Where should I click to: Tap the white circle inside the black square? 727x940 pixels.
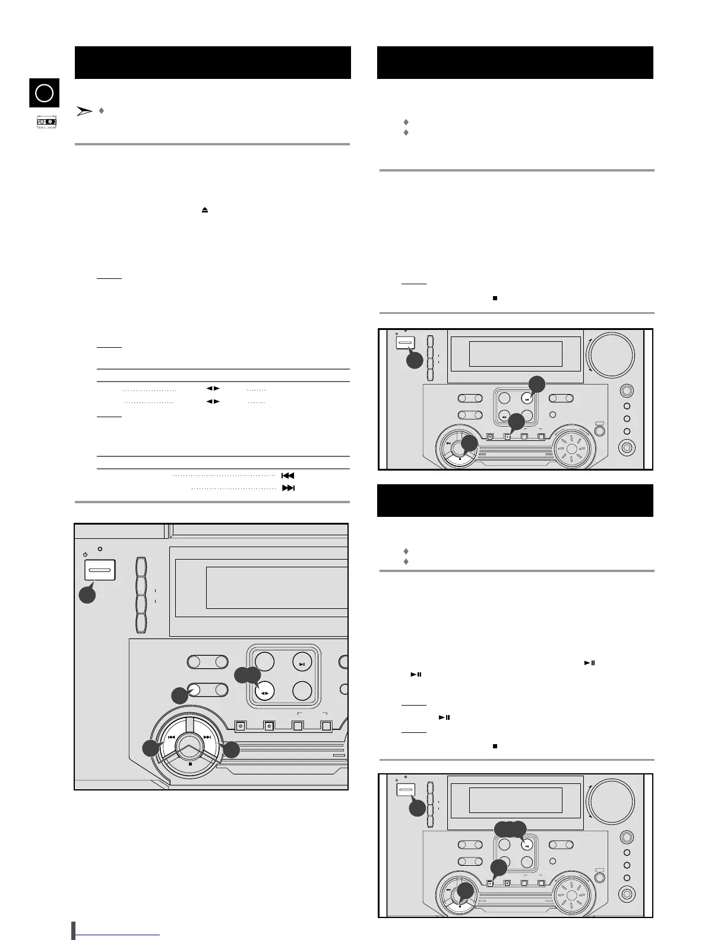tap(45, 93)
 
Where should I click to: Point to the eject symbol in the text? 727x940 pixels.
tap(205, 210)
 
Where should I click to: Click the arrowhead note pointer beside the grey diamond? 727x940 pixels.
tap(85, 111)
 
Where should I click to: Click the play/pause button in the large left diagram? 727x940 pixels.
tap(302, 664)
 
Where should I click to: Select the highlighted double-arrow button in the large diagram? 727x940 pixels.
tap(264, 693)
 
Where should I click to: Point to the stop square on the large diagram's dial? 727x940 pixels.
tap(189, 764)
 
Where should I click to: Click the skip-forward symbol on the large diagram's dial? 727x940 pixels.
tap(207, 738)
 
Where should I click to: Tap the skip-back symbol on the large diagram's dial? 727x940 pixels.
tap(171, 738)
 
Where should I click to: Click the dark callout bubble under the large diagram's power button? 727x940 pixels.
tap(88, 595)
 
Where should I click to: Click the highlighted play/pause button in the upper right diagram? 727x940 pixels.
tap(526, 399)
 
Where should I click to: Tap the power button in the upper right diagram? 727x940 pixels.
tap(405, 343)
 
